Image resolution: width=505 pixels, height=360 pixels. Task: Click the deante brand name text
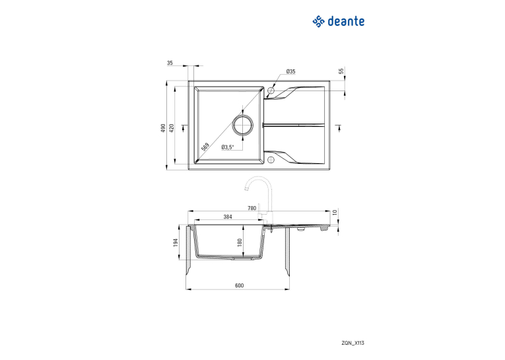point(346,21)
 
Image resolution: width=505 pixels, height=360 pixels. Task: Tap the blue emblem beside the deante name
point(318,22)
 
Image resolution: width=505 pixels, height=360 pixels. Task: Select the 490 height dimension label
point(163,128)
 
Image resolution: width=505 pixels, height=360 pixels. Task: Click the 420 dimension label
point(172,128)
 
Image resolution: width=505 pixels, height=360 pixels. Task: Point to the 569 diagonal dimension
point(205,147)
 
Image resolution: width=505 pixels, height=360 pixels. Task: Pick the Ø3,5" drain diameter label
point(228,147)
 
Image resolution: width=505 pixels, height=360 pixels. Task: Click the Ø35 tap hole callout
point(291,71)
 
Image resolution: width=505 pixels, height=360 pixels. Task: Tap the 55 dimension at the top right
point(341,71)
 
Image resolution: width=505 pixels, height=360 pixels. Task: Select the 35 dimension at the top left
point(170,63)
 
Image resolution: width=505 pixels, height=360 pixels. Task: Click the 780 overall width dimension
point(252,208)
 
